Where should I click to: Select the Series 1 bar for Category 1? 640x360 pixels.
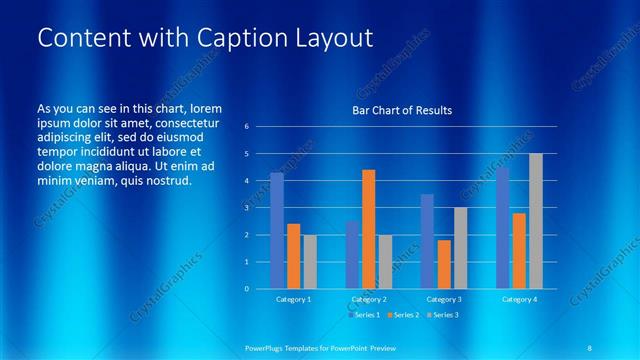tap(277, 230)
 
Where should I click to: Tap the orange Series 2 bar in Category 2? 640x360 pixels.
tap(368, 228)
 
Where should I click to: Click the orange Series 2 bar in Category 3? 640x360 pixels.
tap(444, 264)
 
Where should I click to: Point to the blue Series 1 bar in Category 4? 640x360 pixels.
tap(503, 227)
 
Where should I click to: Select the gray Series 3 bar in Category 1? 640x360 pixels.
tap(310, 261)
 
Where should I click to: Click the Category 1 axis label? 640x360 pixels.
tap(293, 299)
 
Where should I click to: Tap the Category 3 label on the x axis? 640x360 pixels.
tap(444, 299)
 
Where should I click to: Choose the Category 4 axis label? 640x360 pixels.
tap(519, 299)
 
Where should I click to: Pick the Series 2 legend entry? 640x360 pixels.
tap(402, 315)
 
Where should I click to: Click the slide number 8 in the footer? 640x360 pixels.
tap(590, 346)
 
